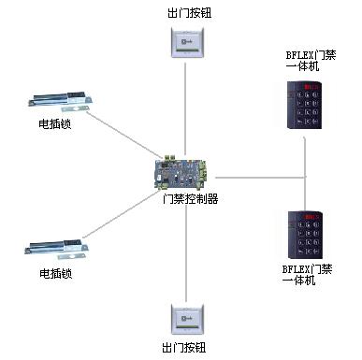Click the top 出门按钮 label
[x=189, y=13]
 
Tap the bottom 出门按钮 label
[x=184, y=348]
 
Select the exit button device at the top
[x=187, y=42]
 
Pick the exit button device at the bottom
[x=187, y=319]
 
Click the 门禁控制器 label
[x=191, y=198]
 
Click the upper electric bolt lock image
[x=61, y=101]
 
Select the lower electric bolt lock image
[x=56, y=249]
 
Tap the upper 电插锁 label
[x=55, y=123]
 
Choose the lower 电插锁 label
[x=56, y=273]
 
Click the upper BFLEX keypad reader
[x=304, y=105]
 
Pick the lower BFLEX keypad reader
[x=305, y=235]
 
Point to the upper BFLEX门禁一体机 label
[x=311, y=61]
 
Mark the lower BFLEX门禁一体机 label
[x=307, y=274]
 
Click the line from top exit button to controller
[x=185, y=109]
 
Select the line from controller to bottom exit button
[x=186, y=252]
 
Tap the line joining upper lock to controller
[x=123, y=135]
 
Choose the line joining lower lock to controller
[x=121, y=215]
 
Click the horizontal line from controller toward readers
[x=261, y=178]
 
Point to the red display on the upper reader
[x=311, y=86]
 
